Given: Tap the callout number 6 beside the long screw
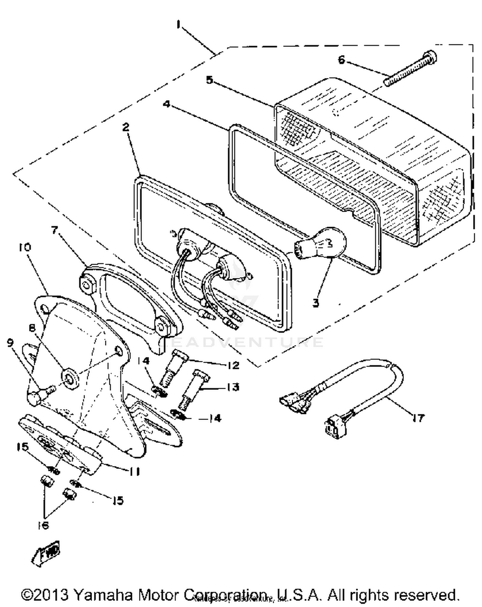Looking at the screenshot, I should (x=341, y=60).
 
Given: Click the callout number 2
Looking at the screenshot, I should (x=126, y=127).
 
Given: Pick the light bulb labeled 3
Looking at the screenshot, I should (x=323, y=246).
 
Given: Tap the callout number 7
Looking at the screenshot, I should (x=55, y=230).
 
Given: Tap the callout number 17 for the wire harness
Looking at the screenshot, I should (x=418, y=418).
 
